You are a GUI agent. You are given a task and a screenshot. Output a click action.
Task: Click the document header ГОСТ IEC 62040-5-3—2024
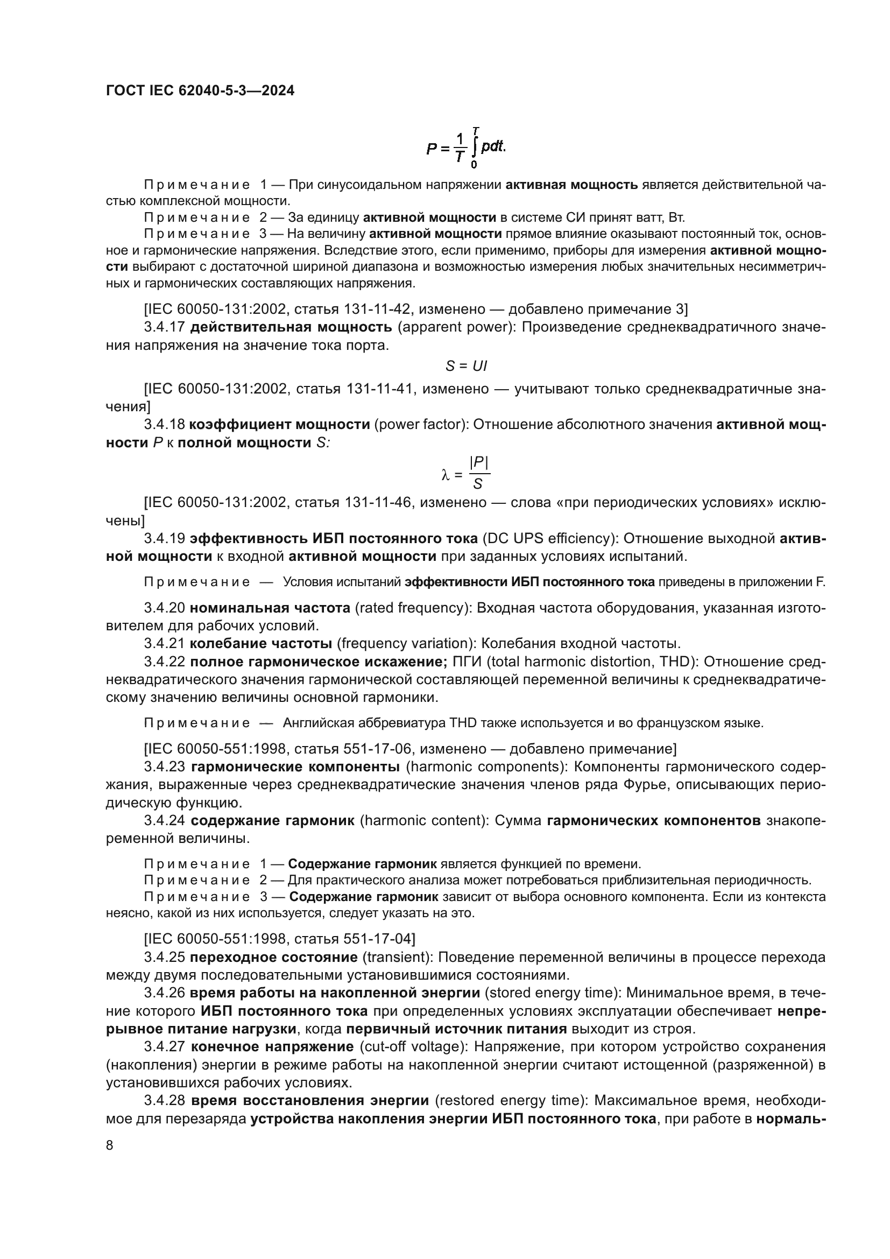[x=200, y=90]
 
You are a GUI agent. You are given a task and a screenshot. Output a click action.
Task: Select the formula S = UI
[x=466, y=365]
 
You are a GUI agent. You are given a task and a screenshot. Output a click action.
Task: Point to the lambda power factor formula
[x=466, y=473]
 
